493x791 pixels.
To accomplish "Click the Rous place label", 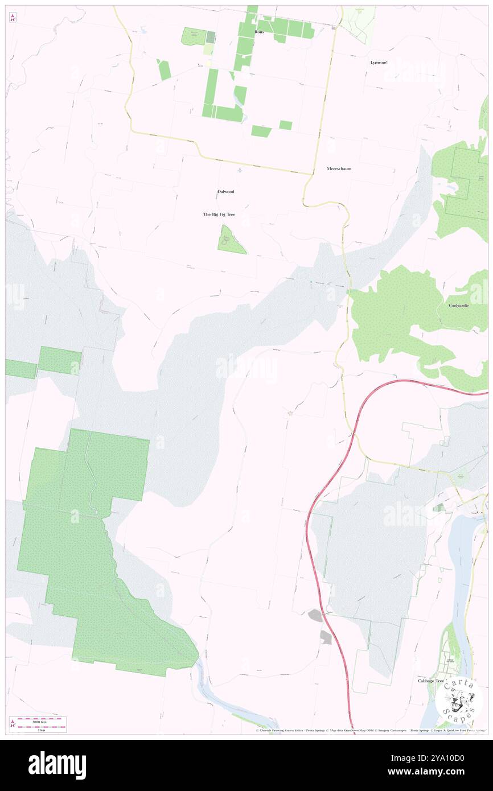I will [x=259, y=32].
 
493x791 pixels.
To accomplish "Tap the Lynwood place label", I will [x=379, y=62].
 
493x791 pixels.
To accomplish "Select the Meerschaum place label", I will [x=340, y=168].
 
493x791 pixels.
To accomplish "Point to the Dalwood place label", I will [x=225, y=191].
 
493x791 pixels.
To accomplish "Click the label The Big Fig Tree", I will [x=219, y=214].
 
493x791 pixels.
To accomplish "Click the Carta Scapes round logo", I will [x=459, y=698].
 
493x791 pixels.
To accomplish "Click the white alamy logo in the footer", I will [x=57, y=765].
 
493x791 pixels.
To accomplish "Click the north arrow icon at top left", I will [x=13, y=18].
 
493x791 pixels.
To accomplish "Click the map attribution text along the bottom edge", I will [x=370, y=731].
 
